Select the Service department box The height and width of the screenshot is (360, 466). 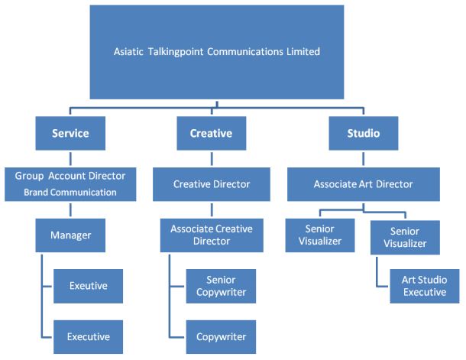click(70, 133)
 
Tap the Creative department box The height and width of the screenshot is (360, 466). click(211, 133)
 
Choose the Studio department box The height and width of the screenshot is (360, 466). click(364, 133)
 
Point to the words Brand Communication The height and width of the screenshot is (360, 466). click(70, 193)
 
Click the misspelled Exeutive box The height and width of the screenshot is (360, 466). click(88, 286)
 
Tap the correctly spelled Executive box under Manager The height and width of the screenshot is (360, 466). click(88, 336)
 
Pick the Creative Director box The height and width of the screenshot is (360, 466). click(212, 184)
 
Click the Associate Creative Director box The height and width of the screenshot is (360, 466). click(212, 235)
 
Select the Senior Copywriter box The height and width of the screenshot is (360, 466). click(222, 286)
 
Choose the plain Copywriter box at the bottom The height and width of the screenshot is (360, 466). click(222, 336)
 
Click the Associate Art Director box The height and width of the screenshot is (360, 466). click(364, 184)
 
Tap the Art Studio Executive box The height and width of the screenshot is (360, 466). click(425, 286)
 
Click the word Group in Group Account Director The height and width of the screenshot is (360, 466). click(28, 176)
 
